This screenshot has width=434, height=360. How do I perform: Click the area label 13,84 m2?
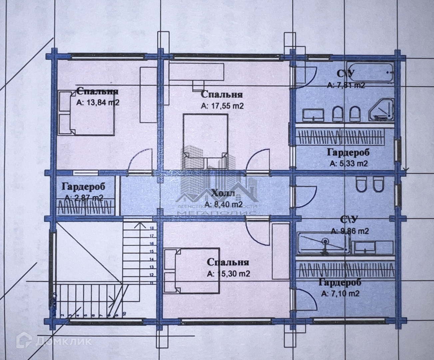[98, 103]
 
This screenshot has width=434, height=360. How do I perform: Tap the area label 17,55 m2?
[222, 106]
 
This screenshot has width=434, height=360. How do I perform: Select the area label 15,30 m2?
[228, 274]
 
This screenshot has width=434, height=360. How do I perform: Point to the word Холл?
[223, 193]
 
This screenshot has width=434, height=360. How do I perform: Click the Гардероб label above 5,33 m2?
[348, 153]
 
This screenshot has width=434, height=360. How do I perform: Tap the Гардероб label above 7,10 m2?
[340, 283]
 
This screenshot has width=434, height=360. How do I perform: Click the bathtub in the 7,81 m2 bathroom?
[370, 71]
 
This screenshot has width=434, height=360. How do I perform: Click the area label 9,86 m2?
[350, 231]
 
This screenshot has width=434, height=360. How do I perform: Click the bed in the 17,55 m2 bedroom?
[206, 141]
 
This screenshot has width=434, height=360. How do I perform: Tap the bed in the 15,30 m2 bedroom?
[192, 270]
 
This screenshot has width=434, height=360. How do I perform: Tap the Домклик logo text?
[63, 341]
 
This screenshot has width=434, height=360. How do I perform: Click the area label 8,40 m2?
[223, 204]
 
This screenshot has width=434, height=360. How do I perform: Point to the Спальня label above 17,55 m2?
[222, 95]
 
